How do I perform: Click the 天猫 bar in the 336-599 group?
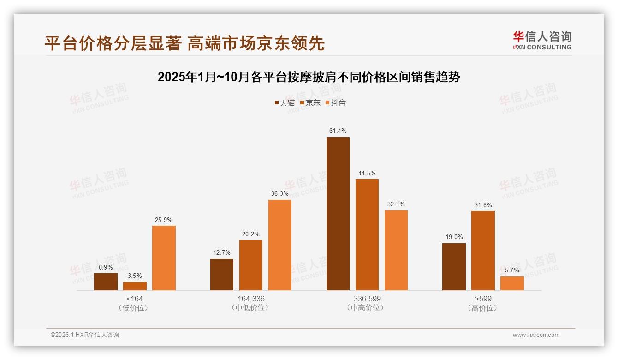pyautogui.click(x=338, y=214)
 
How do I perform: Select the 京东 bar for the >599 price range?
pyautogui.click(x=483, y=251)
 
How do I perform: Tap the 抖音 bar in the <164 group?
pyautogui.click(x=164, y=258)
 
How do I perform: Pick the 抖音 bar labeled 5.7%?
pyautogui.click(x=512, y=283)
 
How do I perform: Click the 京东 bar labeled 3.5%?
pyautogui.click(x=135, y=286)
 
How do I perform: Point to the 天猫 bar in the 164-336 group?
pyautogui.click(x=222, y=275)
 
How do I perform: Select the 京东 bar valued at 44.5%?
pyautogui.click(x=367, y=234)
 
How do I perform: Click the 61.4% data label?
pyautogui.click(x=338, y=131)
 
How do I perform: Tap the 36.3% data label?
pyautogui.click(x=280, y=194)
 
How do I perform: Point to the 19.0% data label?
pyautogui.click(x=454, y=237)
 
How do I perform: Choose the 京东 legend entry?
pyautogui.click(x=310, y=103)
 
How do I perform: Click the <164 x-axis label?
pyautogui.click(x=135, y=299)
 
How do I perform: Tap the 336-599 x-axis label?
pyautogui.click(x=367, y=299)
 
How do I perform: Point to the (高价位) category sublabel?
pyautogui.click(x=483, y=308)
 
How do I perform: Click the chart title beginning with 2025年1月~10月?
pyautogui.click(x=309, y=77)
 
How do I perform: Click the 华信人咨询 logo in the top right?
pyautogui.click(x=542, y=40)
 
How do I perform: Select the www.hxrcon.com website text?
pyautogui.click(x=536, y=335)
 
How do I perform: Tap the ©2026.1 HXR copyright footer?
pyautogui.click(x=85, y=335)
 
